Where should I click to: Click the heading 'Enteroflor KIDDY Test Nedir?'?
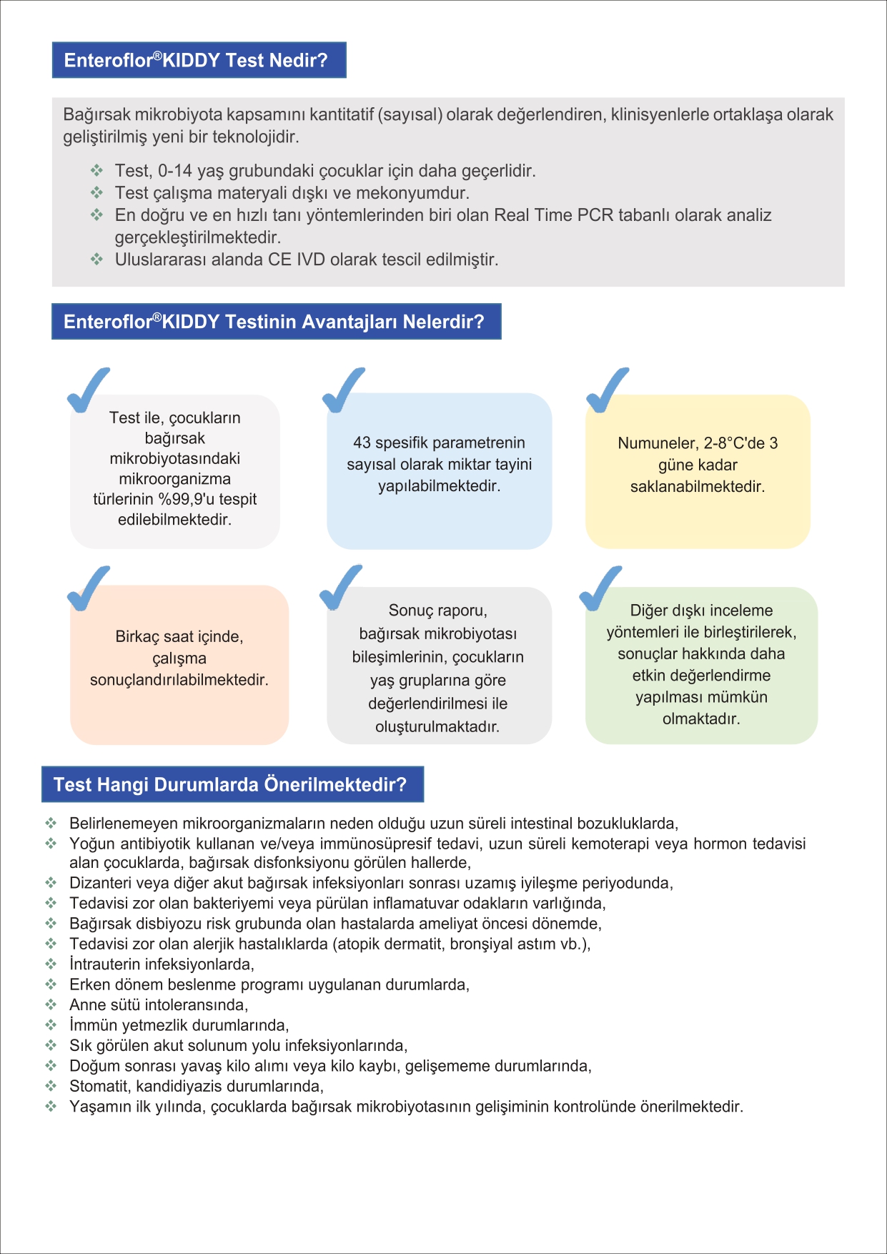pos(199,60)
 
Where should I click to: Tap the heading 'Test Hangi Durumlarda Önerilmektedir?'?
pos(232,784)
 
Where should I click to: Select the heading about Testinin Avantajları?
pos(276,322)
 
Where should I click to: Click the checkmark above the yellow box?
pos(607,390)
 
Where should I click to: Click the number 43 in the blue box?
pos(362,443)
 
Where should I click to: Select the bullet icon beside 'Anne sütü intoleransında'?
pos(51,1004)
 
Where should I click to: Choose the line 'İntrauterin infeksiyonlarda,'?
pos(162,964)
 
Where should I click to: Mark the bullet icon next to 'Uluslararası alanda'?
pos(97,259)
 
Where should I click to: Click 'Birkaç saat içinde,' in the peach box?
pos(179,636)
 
